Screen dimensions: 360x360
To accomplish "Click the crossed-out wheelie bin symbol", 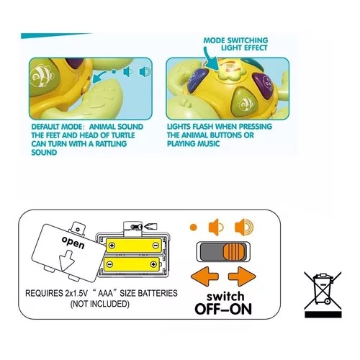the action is point(323,294).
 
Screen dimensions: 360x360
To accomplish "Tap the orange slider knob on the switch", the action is point(235,252).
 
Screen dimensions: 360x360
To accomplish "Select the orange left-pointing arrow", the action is point(204,276).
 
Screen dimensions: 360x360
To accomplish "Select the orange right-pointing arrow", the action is point(242,276).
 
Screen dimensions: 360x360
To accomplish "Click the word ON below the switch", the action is point(240,309).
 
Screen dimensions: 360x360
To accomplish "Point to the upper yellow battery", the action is point(134,246).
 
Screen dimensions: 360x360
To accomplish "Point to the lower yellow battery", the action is point(132,264).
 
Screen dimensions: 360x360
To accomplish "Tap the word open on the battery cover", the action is point(73,242).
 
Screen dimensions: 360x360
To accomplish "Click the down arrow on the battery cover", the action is point(67,261).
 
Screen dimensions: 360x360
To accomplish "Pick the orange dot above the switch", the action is point(193,227).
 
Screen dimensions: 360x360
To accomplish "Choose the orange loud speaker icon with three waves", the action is point(244,227).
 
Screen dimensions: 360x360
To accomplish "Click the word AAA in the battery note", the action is point(105,293).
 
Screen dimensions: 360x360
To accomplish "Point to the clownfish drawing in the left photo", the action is point(42,76).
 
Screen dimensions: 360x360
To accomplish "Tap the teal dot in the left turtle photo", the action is point(114,71).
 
